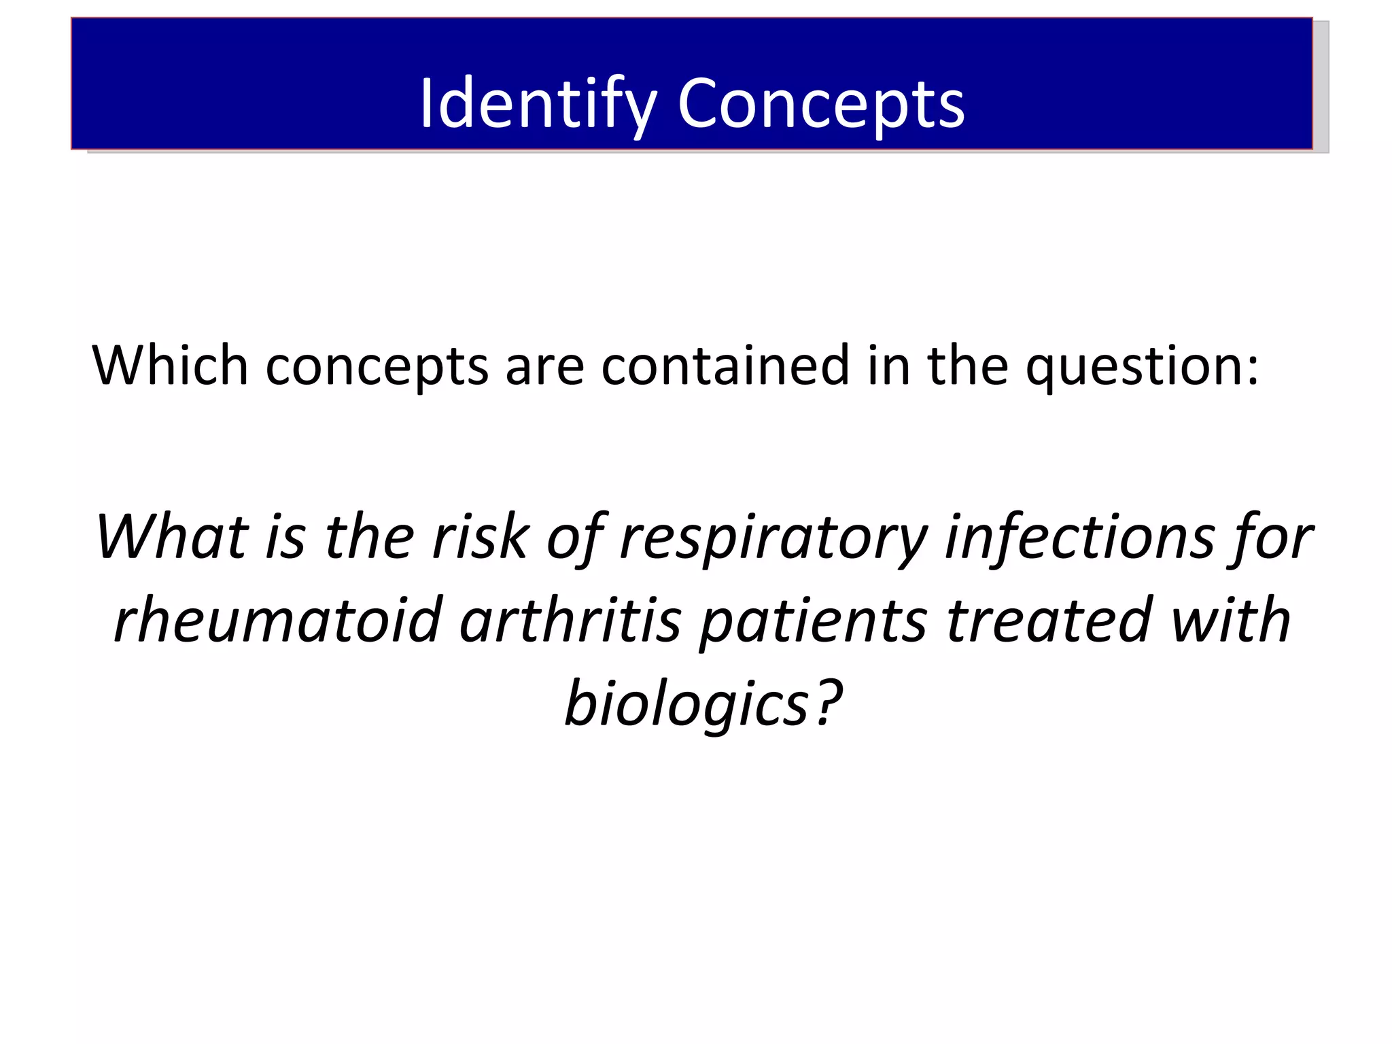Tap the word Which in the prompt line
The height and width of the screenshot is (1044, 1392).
(170, 366)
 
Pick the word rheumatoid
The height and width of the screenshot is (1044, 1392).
(278, 620)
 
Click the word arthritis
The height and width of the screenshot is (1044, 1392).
(570, 620)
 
